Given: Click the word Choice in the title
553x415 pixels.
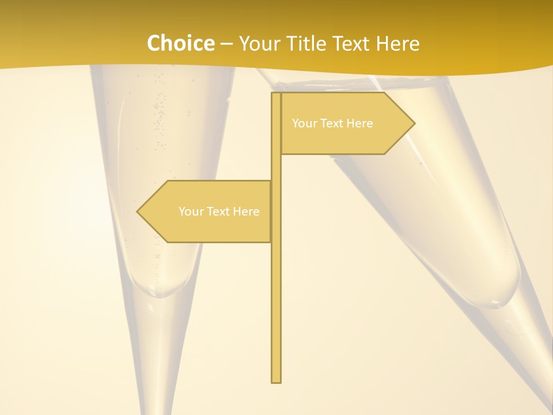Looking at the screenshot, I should pyautogui.click(x=180, y=43).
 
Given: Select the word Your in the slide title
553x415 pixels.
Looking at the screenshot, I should pyautogui.click(x=260, y=43).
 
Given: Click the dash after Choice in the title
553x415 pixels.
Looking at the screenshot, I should pyautogui.click(x=226, y=44).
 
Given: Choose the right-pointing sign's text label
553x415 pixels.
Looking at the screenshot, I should pyautogui.click(x=332, y=123).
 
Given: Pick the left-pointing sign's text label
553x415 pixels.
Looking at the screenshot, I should pyautogui.click(x=219, y=212).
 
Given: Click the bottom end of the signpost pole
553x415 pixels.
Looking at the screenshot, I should pyautogui.click(x=276, y=380).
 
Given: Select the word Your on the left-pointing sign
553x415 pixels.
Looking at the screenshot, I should pyautogui.click(x=191, y=212).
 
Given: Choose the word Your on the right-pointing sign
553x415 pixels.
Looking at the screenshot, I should pyautogui.click(x=304, y=123).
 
